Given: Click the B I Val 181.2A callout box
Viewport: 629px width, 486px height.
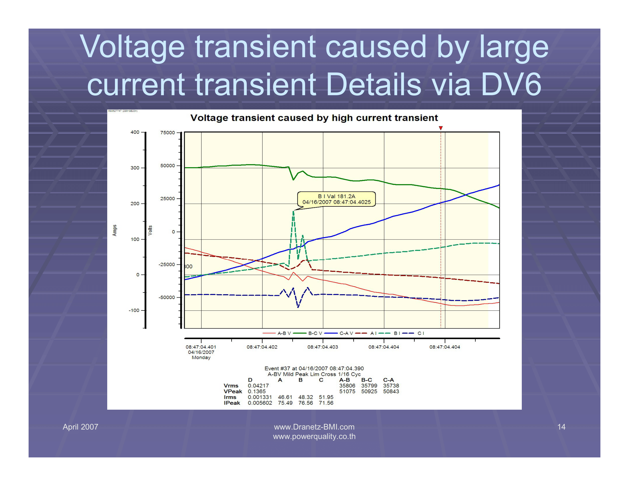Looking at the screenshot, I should (x=337, y=199).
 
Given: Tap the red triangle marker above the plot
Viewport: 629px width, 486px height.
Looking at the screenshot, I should (x=441, y=128).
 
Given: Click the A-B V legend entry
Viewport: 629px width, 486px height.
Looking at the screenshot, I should (x=277, y=333).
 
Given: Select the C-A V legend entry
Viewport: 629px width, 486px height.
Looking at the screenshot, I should (x=339, y=333).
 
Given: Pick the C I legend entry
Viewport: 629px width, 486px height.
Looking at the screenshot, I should (x=414, y=333).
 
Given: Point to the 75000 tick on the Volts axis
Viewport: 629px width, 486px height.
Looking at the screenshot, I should (x=168, y=132).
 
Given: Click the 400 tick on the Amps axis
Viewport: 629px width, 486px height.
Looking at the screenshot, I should (x=135, y=132).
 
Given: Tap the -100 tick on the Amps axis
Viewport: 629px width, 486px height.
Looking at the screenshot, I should (x=134, y=310).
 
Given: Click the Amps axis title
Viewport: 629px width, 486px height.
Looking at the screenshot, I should (x=115, y=230).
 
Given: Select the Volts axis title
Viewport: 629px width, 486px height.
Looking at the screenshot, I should (x=150, y=230).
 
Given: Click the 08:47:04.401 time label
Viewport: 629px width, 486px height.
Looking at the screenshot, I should (x=201, y=347).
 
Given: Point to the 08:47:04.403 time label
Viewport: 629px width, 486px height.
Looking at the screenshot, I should (x=323, y=347).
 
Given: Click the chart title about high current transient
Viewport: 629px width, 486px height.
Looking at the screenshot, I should (x=314, y=118).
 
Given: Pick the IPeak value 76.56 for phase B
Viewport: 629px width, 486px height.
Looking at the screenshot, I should (x=305, y=403).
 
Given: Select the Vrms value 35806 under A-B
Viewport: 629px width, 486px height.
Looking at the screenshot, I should (x=347, y=386).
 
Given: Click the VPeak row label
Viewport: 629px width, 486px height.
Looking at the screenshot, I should (x=233, y=391).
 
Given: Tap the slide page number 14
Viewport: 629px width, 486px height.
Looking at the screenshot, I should (x=561, y=427).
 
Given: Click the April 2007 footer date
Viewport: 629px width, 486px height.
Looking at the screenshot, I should (x=80, y=427).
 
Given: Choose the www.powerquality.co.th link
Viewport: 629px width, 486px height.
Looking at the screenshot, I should (x=314, y=437).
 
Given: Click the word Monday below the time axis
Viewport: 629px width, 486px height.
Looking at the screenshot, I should (x=201, y=357).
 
